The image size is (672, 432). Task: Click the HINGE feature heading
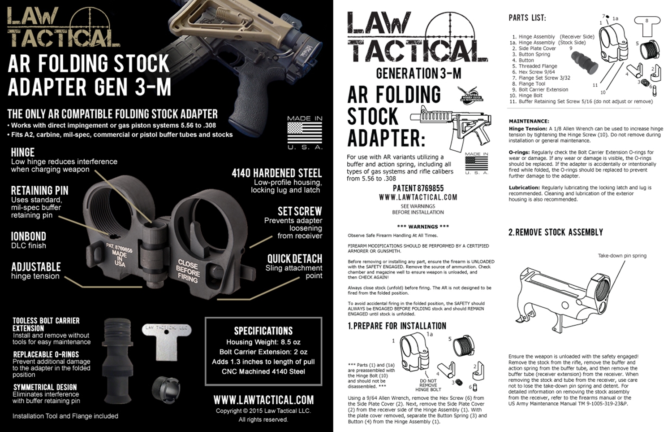(x=23, y=153)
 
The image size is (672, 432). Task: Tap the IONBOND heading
(x=29, y=236)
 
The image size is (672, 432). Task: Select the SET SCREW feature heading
(x=299, y=211)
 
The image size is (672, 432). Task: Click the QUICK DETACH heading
(x=294, y=259)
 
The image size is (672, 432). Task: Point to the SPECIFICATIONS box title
(x=263, y=331)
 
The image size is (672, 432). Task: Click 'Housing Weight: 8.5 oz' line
(x=263, y=342)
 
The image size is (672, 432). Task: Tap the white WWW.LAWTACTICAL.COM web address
(x=263, y=400)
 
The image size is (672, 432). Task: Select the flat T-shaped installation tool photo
(x=166, y=341)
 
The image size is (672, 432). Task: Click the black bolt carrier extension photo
(x=118, y=359)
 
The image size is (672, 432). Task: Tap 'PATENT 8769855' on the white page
(x=418, y=188)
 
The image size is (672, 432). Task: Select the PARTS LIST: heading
(x=527, y=18)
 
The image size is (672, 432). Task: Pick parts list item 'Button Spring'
(x=534, y=54)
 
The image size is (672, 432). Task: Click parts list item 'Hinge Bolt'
(x=530, y=96)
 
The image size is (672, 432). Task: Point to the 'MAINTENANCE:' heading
(x=529, y=121)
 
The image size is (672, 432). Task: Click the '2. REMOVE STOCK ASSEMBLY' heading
(x=556, y=232)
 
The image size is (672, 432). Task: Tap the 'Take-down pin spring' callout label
(x=622, y=256)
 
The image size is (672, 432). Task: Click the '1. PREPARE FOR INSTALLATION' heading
(x=397, y=326)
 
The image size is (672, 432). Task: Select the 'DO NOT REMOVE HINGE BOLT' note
(x=428, y=385)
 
